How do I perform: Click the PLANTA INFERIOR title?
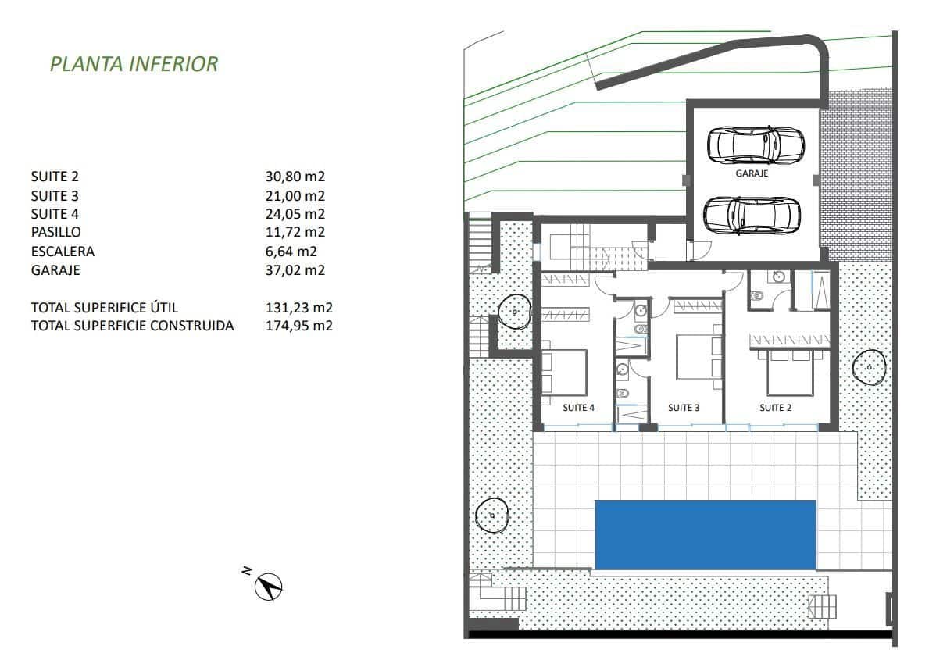[134, 64]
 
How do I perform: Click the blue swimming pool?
[705, 534]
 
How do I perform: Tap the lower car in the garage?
[752, 213]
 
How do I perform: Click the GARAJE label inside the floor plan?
[752, 174]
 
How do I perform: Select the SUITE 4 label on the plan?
[579, 408]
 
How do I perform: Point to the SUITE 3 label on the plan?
[684, 408]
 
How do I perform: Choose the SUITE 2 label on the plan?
[777, 408]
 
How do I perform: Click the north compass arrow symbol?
[270, 586]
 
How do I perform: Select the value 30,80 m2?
[295, 177]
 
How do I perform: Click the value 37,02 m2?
[295, 270]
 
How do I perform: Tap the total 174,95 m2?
[299, 326]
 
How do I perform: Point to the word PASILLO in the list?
[55, 233]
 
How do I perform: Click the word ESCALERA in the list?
[63, 252]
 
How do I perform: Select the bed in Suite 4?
[564, 372]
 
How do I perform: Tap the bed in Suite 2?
[792, 372]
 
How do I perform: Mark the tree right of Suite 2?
[869, 366]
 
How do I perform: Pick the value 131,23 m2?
[295, 308]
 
